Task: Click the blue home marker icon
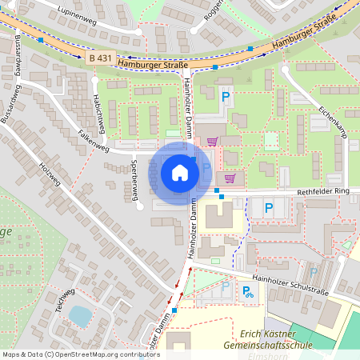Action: point(180,172)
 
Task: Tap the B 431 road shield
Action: point(99,59)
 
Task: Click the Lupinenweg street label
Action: point(77,18)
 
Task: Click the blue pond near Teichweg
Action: point(80,316)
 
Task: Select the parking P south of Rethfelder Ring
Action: point(268,208)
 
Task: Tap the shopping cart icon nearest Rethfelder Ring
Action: point(230,178)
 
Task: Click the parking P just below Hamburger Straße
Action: point(226,96)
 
